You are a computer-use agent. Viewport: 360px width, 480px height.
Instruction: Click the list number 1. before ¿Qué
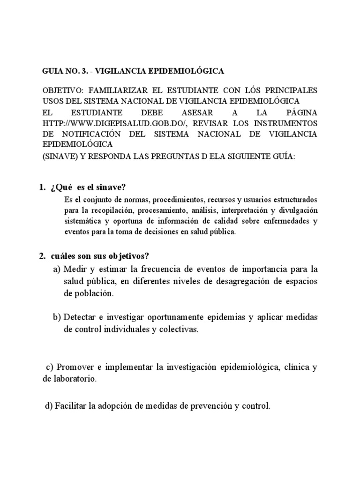(41, 187)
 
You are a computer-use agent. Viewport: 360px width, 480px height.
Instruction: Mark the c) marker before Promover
(50, 367)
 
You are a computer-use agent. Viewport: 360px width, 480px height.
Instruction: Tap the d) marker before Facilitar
(48, 406)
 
